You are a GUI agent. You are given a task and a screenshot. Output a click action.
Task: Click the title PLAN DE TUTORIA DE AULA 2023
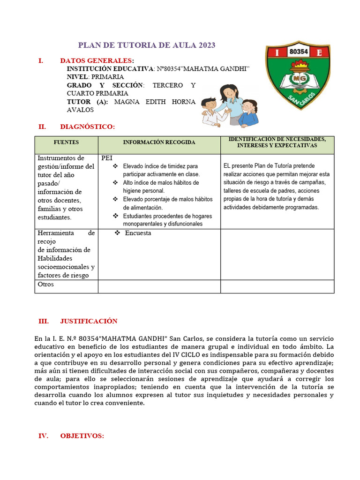click(146, 45)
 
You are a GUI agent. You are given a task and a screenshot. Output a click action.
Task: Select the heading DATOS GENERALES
click(96, 60)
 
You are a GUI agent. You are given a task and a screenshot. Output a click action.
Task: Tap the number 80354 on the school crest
click(299, 52)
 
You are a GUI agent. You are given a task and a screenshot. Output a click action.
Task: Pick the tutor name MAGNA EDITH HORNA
click(155, 102)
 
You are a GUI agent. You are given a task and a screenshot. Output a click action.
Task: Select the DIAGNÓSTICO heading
click(87, 127)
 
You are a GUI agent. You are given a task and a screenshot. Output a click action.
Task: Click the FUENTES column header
click(66, 142)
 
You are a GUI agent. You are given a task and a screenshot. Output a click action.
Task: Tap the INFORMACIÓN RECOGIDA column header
click(159, 142)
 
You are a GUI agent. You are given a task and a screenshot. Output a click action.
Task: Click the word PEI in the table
click(107, 158)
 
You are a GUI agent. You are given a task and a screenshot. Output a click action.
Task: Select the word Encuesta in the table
click(138, 233)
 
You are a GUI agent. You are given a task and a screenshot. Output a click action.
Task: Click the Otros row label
click(45, 284)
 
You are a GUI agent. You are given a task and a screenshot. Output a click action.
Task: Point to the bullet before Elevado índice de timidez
click(115, 166)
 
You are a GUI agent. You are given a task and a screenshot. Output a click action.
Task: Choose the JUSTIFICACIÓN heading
click(89, 321)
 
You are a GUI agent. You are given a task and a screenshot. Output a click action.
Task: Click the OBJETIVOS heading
click(82, 436)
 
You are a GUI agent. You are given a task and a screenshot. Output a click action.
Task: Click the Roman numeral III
click(43, 321)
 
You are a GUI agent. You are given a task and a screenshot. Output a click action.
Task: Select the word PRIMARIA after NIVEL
click(107, 76)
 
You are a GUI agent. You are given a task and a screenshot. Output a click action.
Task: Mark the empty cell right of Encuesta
click(277, 254)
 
